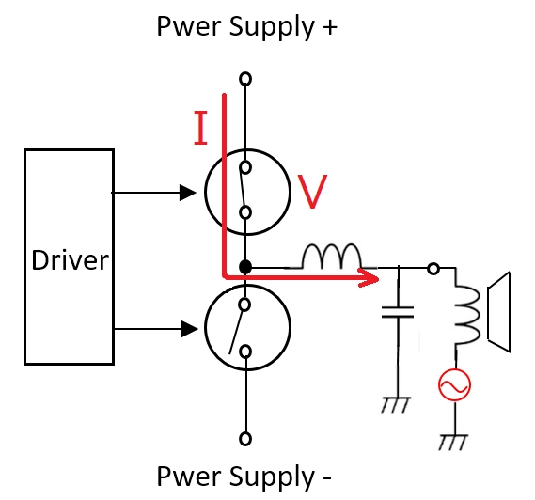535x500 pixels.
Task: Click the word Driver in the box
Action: coord(70,260)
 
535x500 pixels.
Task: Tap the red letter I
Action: coord(200,128)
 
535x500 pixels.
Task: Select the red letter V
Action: coord(312,192)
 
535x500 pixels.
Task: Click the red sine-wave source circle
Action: coord(454,384)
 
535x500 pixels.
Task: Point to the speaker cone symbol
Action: coord(499,312)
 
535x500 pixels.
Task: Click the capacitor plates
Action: coord(398,312)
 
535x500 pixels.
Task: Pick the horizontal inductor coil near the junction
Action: coord(331,256)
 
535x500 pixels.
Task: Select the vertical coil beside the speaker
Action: coord(466,314)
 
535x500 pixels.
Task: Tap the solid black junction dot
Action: coord(245,267)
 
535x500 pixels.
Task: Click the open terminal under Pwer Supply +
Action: coord(245,79)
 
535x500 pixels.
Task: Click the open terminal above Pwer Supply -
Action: coord(245,439)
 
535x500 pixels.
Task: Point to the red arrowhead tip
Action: coord(379,280)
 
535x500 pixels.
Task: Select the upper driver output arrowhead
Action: coord(188,193)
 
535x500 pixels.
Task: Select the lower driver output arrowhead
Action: coord(189,329)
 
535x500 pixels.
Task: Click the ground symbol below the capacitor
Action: coord(396,405)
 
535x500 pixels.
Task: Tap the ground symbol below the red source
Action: coord(453,443)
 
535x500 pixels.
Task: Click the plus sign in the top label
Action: coord(329,27)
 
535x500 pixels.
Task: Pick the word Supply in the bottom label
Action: coord(272,477)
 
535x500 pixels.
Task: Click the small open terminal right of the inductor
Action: coord(433,269)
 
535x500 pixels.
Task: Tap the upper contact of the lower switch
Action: coord(245,305)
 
